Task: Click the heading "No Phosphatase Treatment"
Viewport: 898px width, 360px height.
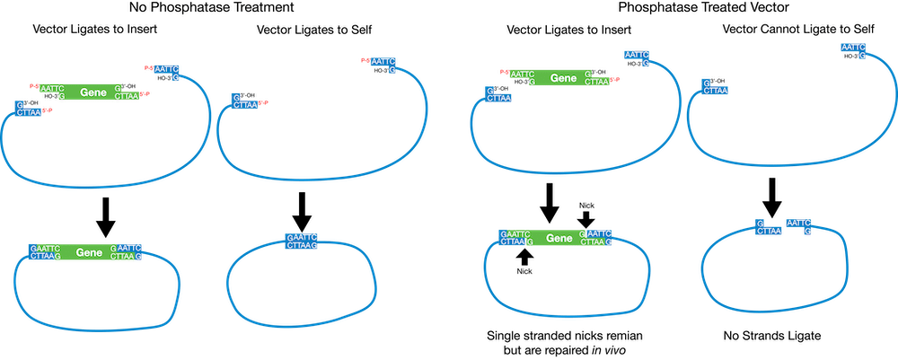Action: [211, 8]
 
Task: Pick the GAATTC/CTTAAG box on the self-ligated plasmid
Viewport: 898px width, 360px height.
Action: [302, 241]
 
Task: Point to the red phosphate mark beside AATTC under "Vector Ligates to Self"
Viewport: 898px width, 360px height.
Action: [365, 61]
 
